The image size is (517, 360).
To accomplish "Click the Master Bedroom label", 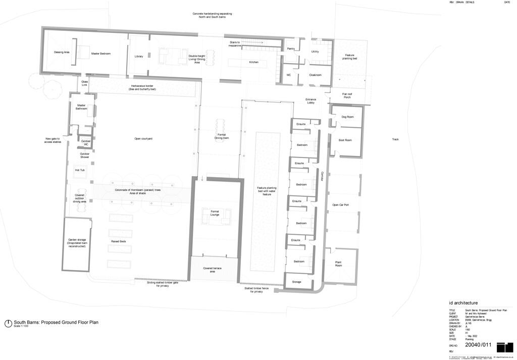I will click(x=100, y=54).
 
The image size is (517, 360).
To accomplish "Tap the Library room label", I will click(x=139, y=57).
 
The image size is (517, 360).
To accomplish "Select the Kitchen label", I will click(x=254, y=62).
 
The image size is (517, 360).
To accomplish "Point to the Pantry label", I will click(x=290, y=49).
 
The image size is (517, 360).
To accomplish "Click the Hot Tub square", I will click(x=80, y=170).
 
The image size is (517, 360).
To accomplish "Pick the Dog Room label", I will click(x=347, y=117).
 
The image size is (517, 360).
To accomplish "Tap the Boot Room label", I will click(x=345, y=140).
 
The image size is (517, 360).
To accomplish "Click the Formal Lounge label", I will click(x=218, y=213).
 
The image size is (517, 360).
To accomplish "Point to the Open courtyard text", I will click(x=143, y=138).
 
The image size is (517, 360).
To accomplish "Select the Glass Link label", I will click(x=85, y=83).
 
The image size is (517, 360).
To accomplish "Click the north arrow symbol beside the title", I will click(x=8, y=323).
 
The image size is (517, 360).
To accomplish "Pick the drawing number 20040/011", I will click(x=478, y=345).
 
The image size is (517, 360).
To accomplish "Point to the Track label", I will click(x=395, y=139).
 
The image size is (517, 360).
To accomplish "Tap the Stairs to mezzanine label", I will click(x=235, y=44).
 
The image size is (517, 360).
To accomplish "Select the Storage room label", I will click(x=296, y=282).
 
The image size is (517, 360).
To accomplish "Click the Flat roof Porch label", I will click(x=347, y=95).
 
